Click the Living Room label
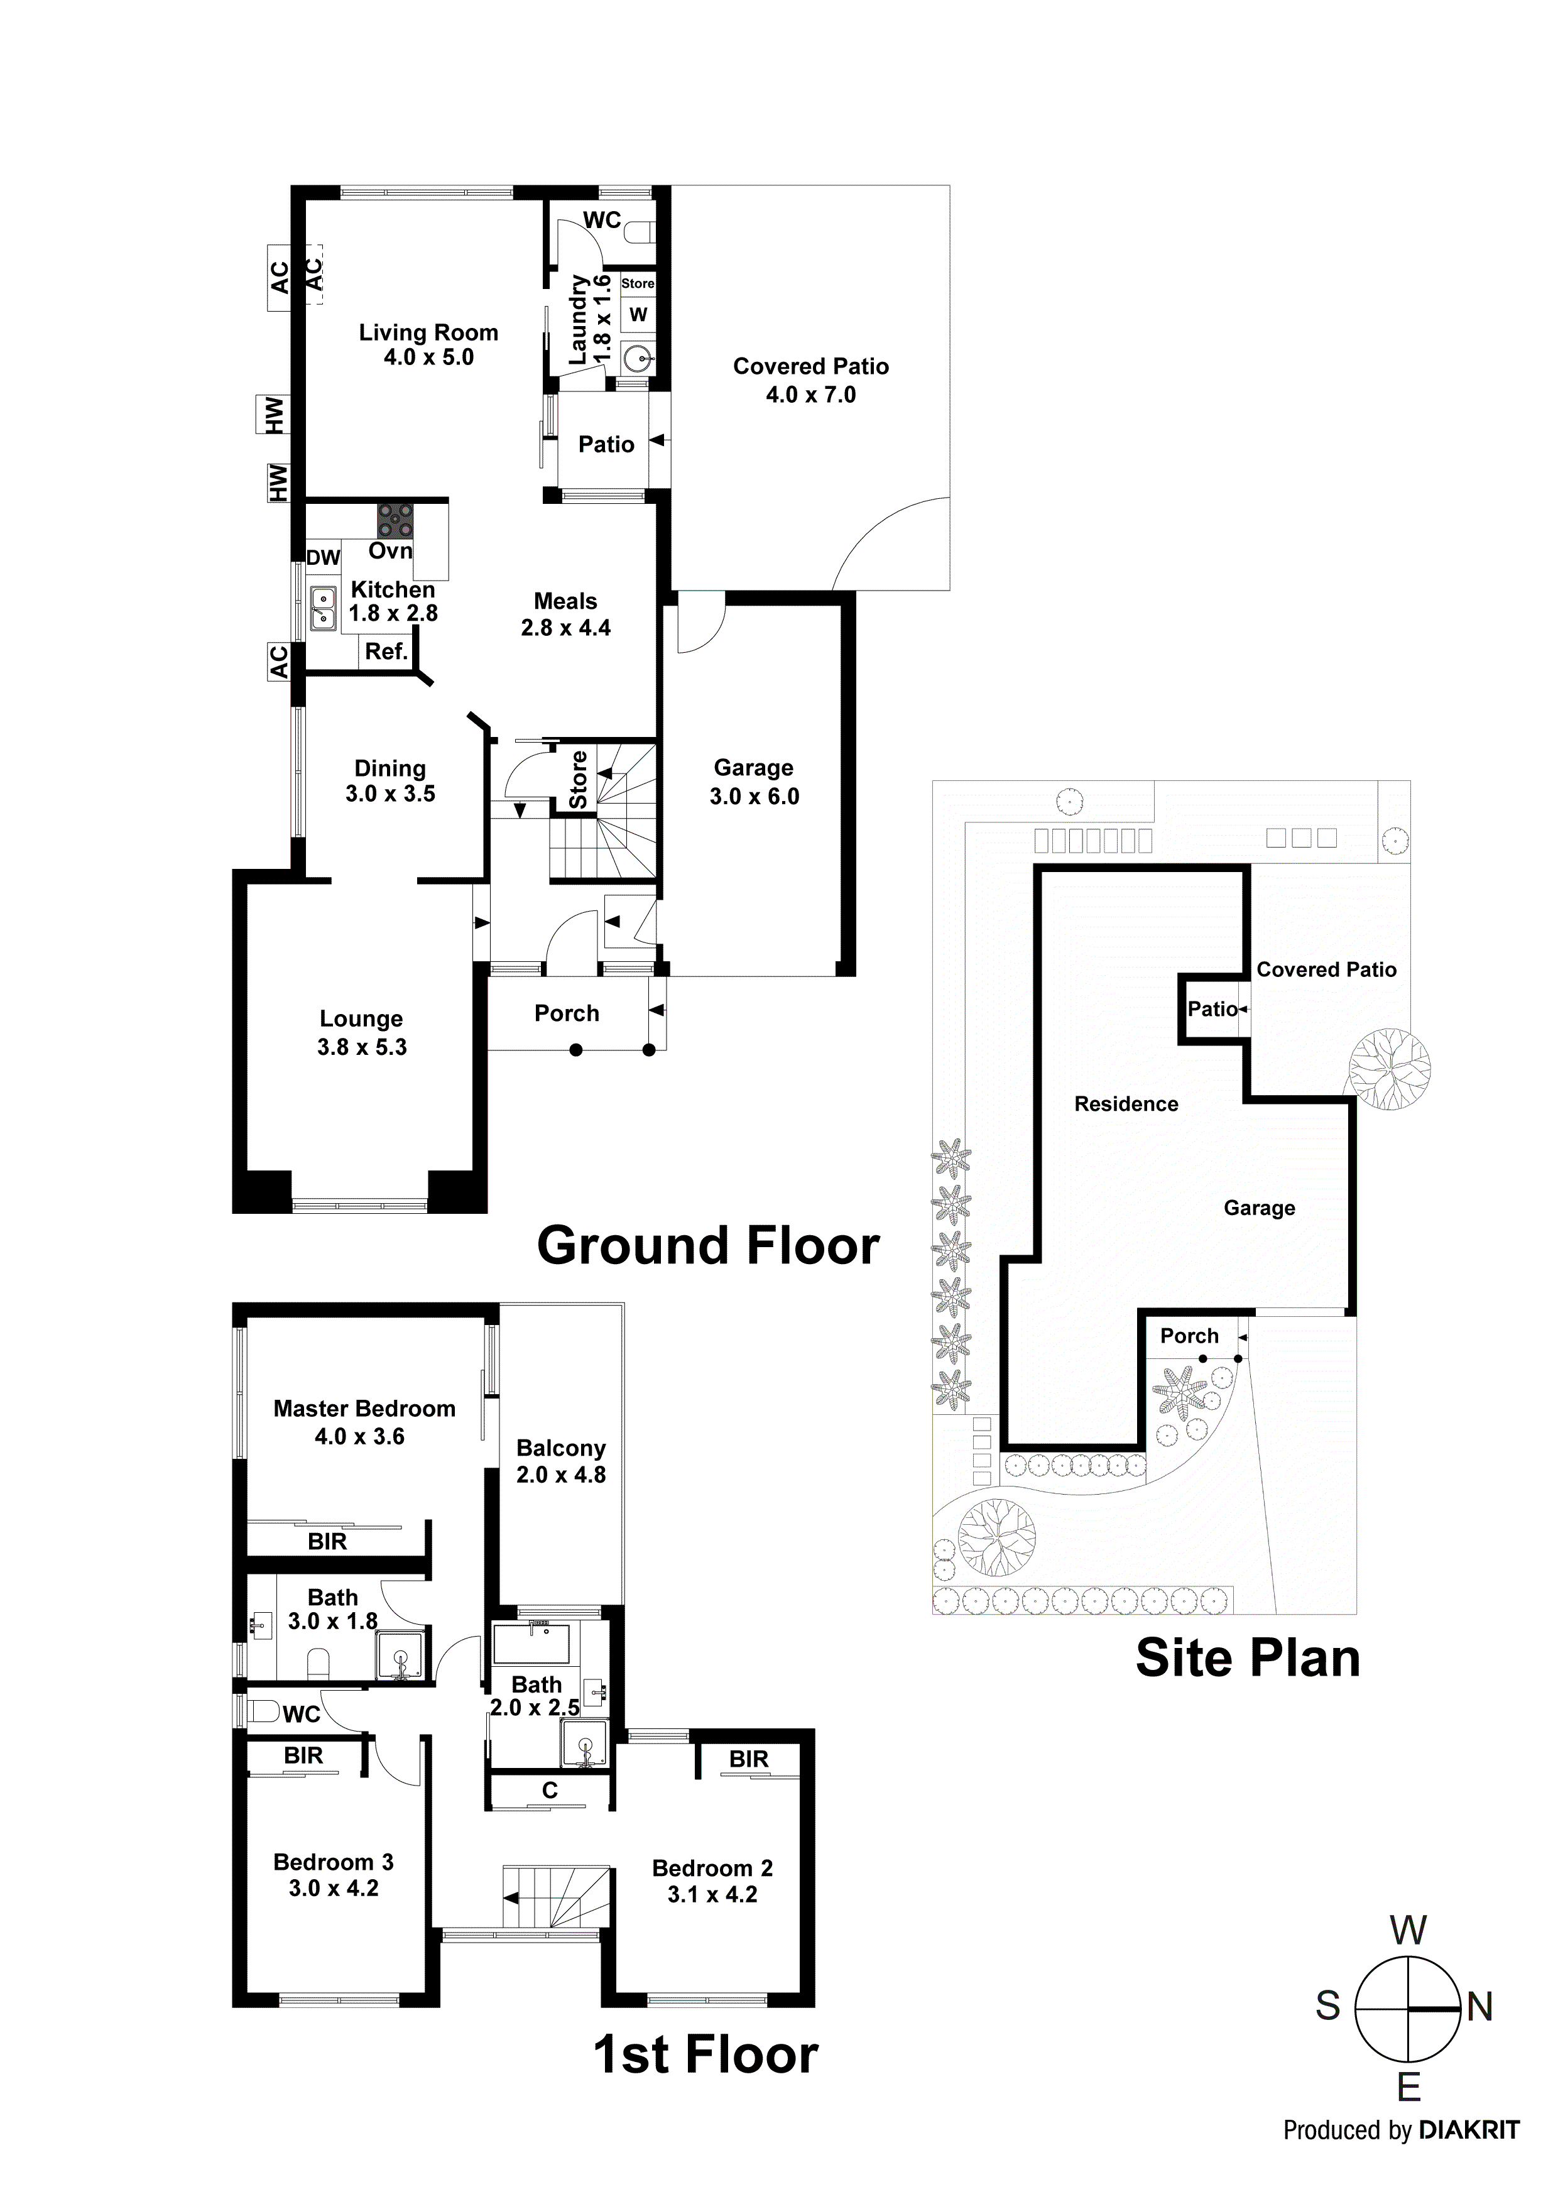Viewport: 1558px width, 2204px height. pos(428,333)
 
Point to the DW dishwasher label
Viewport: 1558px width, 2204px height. pos(324,558)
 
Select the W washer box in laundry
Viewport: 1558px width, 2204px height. pos(638,314)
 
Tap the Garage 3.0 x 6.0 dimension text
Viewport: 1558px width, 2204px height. pos(754,796)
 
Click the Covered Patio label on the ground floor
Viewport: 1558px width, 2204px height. pos(810,367)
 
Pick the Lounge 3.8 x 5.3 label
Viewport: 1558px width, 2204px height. pos(362,1033)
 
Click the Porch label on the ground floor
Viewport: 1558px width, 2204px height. pos(567,1013)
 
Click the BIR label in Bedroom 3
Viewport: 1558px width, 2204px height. pos(303,1755)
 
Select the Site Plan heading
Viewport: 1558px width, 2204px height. pos(1247,1658)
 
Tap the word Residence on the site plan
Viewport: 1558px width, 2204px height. pos(1126,1104)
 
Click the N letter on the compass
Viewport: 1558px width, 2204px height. pos(1479,2007)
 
